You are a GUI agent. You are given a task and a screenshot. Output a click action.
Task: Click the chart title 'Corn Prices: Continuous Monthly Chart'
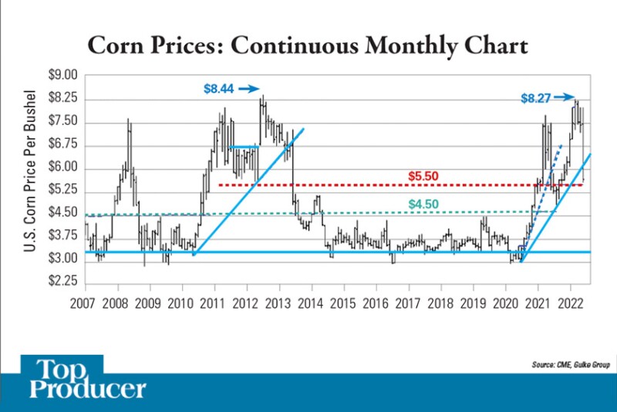pyautogui.click(x=308, y=45)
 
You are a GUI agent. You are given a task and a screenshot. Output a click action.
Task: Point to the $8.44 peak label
pyautogui.click(x=218, y=89)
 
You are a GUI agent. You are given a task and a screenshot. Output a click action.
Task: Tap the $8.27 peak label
pyautogui.click(x=535, y=98)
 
